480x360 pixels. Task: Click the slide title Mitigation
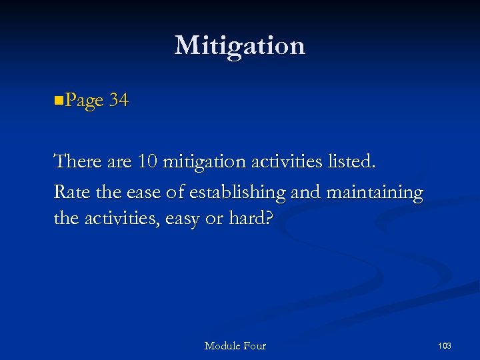[240, 45]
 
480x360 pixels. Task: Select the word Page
[84, 101]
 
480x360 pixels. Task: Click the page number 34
[119, 101]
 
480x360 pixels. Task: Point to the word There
[76, 161]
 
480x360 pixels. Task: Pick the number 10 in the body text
[145, 161]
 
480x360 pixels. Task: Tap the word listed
[352, 161]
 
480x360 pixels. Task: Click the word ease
[143, 193]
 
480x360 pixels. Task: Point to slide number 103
[445, 345]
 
